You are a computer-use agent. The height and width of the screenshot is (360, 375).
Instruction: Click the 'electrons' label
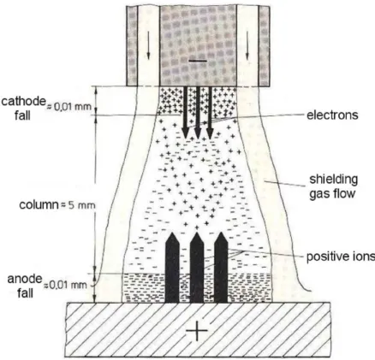click(x=332, y=115)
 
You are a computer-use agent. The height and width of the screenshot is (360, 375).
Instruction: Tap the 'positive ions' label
click(x=341, y=257)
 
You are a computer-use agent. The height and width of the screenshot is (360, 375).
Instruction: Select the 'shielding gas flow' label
click(x=333, y=186)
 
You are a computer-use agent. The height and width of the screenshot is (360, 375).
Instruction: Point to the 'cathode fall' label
click(x=23, y=109)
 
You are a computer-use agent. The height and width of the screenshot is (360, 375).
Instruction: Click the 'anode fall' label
click(x=25, y=286)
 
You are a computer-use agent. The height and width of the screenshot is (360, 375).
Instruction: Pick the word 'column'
click(x=39, y=204)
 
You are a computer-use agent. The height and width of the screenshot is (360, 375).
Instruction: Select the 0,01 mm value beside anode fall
click(x=68, y=285)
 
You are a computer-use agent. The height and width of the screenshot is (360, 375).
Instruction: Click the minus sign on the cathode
click(x=198, y=61)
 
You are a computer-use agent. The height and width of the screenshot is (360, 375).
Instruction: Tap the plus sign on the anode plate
click(x=197, y=331)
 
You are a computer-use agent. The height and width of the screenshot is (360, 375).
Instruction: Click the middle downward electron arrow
click(x=198, y=113)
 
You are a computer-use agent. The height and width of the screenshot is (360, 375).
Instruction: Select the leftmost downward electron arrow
click(x=185, y=113)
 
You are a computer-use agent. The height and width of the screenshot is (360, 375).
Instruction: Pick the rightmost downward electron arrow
click(x=210, y=113)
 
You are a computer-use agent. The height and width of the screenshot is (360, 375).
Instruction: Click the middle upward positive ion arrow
click(x=197, y=268)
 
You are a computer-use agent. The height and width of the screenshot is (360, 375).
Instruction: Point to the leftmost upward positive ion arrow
click(x=172, y=268)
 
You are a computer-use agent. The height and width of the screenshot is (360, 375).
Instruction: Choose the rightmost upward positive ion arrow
click(x=221, y=268)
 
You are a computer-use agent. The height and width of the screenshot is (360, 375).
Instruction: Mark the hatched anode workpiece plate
click(x=199, y=330)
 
